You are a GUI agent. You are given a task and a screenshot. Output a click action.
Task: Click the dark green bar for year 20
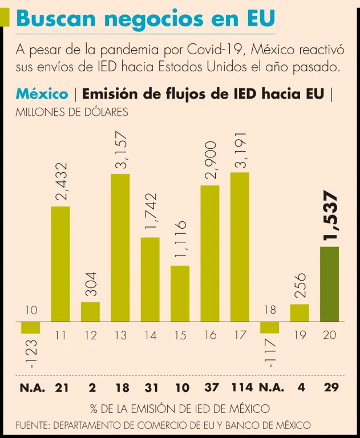[329, 284]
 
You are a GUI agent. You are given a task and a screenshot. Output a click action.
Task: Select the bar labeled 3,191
[240, 247]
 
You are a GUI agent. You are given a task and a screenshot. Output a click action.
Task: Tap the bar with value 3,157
[120, 248]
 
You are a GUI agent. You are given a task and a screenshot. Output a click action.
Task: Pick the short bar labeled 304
[90, 311]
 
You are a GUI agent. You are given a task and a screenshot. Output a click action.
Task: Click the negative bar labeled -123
[30, 327]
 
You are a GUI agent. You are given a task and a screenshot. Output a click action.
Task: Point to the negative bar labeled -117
[269, 327]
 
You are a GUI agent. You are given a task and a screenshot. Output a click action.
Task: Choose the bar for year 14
[150, 279]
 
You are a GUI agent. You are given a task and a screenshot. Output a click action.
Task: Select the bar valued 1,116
[180, 293]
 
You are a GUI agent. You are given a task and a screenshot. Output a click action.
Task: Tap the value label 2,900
[211, 160]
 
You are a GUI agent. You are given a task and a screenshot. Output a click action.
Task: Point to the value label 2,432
[61, 181]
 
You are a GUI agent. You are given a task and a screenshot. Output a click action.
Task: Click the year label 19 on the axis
[299, 335]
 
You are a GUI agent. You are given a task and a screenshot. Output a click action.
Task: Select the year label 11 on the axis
[61, 335]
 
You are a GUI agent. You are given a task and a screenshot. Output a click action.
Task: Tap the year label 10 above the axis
[31, 311]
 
